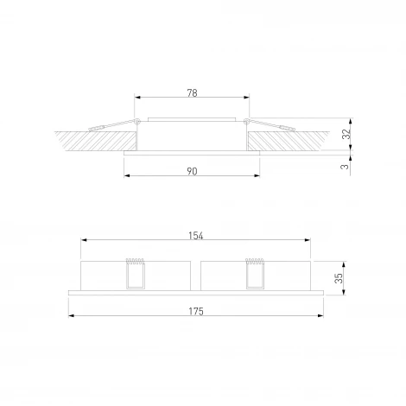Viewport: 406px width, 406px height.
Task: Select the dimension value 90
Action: click(x=192, y=172)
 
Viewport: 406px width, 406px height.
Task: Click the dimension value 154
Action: click(x=196, y=234)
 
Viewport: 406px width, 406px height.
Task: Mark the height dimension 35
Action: click(x=339, y=277)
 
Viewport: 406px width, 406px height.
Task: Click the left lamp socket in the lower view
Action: click(x=134, y=275)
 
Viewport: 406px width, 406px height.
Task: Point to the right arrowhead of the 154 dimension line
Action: click(x=309, y=239)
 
